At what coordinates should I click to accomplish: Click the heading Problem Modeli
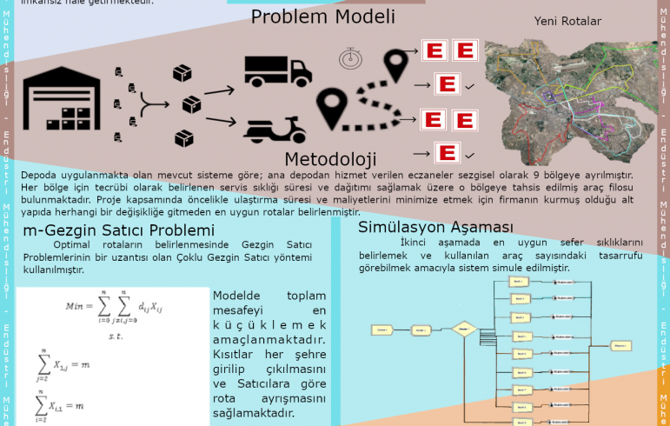click(323, 17)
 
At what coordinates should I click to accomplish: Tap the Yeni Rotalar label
click(568, 22)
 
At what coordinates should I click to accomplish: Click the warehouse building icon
click(63, 101)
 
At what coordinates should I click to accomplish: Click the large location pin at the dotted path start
click(332, 108)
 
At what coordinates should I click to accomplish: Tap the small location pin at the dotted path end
click(398, 63)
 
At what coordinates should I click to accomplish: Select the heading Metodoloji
click(330, 158)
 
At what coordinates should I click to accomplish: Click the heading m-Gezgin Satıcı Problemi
click(118, 230)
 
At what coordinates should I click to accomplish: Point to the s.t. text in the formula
click(114, 335)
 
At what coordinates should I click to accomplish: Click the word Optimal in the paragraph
click(72, 245)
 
